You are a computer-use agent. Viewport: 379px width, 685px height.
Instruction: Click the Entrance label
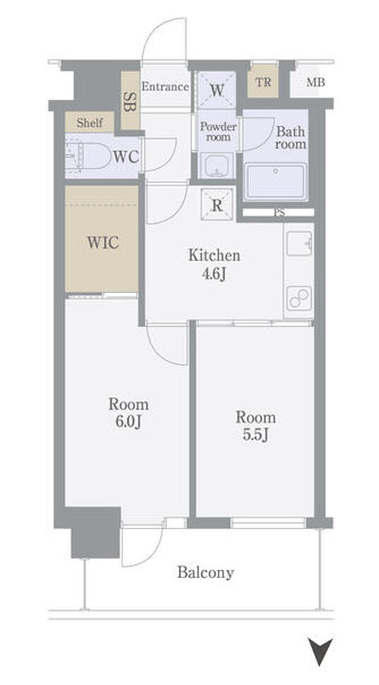click(x=165, y=86)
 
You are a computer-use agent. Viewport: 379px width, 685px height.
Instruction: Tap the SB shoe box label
click(x=129, y=101)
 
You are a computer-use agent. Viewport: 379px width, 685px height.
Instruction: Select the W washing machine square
click(x=217, y=91)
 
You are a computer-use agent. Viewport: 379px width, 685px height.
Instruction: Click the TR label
click(x=263, y=82)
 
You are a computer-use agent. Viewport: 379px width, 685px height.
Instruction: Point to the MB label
click(x=315, y=82)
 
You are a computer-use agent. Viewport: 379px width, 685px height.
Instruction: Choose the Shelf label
click(x=90, y=123)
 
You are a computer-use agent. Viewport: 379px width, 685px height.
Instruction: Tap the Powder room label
click(x=218, y=132)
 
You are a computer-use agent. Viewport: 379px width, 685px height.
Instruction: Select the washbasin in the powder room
click(x=217, y=166)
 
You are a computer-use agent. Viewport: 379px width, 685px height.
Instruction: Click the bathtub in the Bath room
click(x=276, y=181)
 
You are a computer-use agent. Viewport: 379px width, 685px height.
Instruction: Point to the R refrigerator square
click(x=217, y=204)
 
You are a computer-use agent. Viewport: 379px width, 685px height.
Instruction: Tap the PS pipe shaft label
click(x=278, y=213)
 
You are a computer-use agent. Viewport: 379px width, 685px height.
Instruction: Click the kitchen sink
click(x=298, y=243)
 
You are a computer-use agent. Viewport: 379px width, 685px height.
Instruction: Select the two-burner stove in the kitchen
click(x=298, y=299)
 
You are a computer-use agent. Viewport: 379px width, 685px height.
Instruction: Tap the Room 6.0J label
click(x=129, y=413)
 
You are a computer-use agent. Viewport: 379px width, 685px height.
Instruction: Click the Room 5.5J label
click(x=256, y=426)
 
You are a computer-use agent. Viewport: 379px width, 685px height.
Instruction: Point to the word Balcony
click(x=206, y=572)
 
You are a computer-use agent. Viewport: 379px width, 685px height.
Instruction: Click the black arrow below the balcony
click(x=320, y=651)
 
